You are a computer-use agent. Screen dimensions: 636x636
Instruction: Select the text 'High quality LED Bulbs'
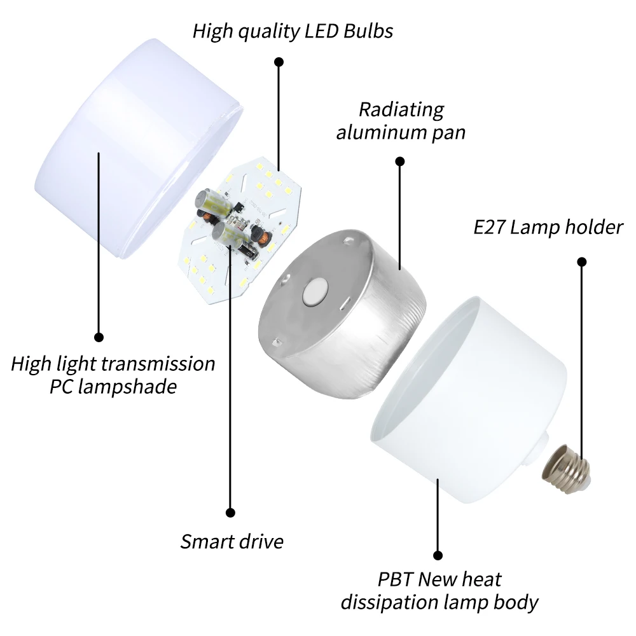[293, 31]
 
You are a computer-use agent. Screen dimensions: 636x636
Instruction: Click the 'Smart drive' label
[232, 542]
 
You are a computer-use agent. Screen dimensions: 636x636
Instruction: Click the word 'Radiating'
[401, 109]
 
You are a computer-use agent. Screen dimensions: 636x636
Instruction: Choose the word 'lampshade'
[131, 387]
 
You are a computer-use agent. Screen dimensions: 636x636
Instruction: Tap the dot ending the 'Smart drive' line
[231, 512]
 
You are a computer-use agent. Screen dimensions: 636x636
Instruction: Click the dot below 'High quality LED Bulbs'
[279, 62]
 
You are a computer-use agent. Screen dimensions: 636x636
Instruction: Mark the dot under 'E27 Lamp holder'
[581, 261]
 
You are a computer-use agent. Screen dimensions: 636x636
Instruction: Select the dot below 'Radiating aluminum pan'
[400, 161]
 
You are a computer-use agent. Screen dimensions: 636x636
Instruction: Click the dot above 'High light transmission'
[99, 336]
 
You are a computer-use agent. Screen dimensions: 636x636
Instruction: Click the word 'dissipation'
[389, 602]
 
